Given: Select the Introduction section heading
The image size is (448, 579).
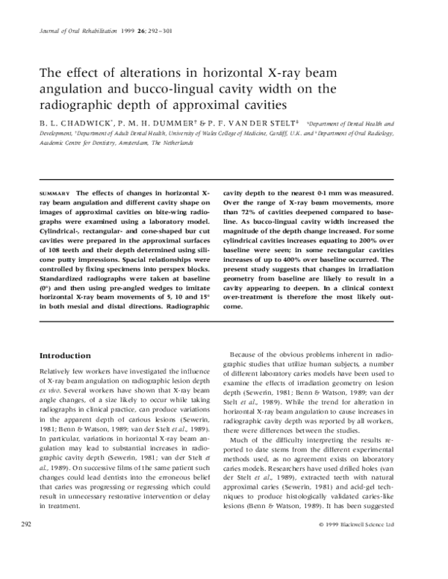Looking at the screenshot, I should click(x=65, y=355).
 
